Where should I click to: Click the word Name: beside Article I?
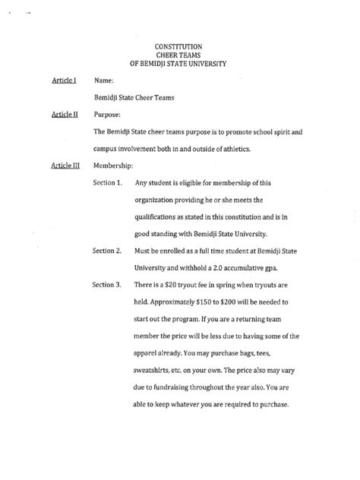(x=104, y=80)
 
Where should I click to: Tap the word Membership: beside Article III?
(x=114, y=165)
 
